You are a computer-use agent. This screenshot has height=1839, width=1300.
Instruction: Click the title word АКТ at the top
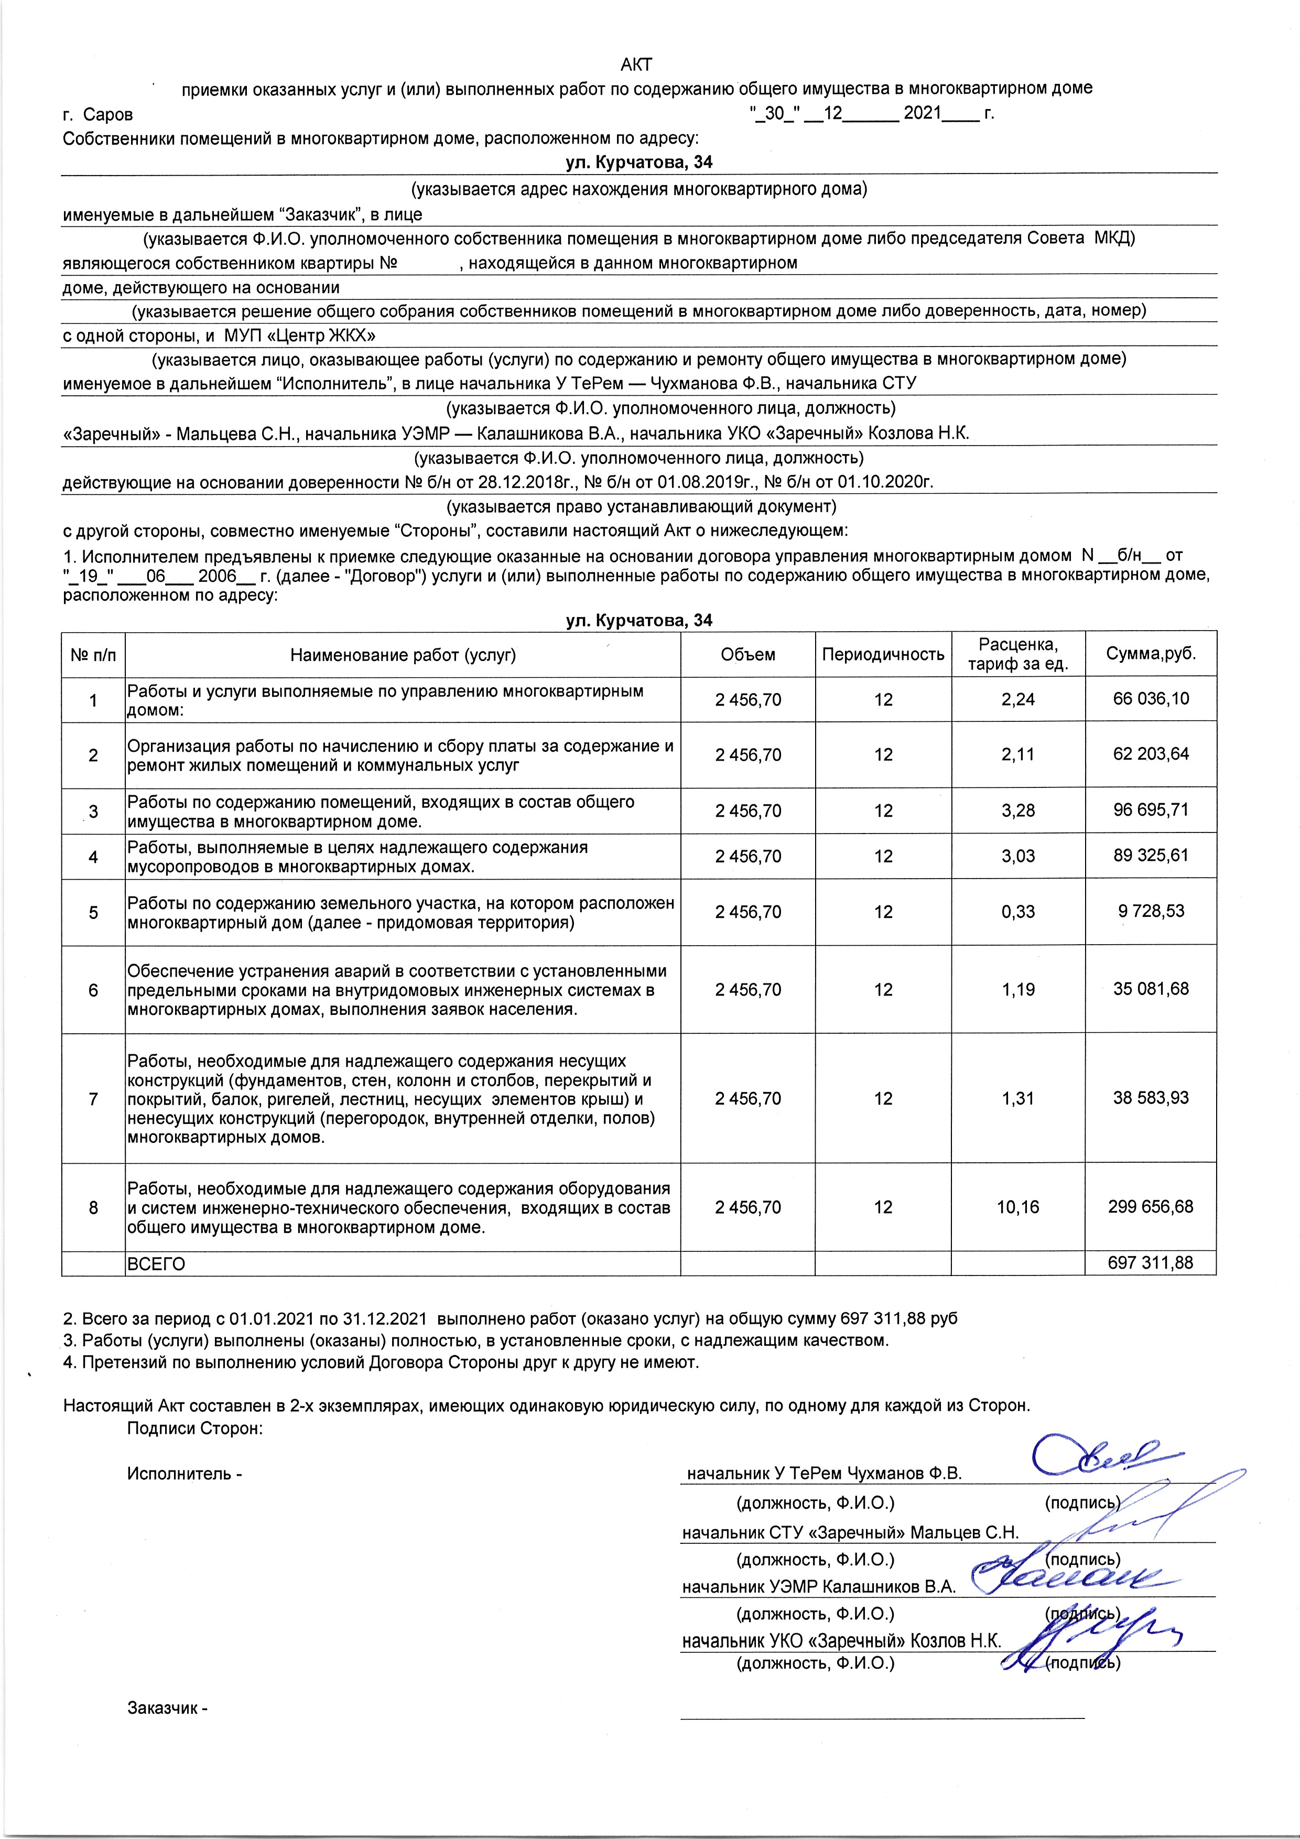[x=637, y=64]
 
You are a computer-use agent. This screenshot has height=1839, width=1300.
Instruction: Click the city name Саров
[x=108, y=114]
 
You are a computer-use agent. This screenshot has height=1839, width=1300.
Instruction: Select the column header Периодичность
[x=883, y=654]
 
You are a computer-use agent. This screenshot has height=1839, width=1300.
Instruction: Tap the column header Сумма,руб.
[x=1150, y=654]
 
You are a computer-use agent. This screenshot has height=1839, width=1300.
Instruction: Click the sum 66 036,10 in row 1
[x=1150, y=698]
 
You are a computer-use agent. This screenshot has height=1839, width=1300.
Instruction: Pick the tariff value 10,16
[x=1017, y=1207]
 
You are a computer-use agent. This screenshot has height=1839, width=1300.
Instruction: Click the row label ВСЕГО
[x=156, y=1264]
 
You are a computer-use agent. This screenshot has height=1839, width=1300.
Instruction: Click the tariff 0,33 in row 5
[x=1017, y=912]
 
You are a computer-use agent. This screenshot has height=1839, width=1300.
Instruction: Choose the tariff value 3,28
[x=1017, y=810]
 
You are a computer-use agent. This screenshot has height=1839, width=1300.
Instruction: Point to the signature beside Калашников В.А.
[x=1065, y=1580]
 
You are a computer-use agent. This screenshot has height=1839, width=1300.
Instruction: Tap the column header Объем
[x=748, y=654]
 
